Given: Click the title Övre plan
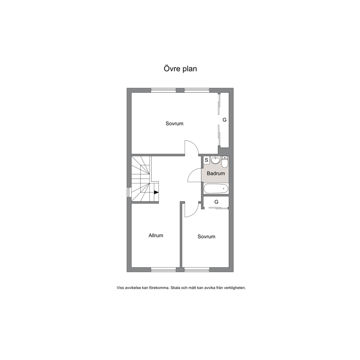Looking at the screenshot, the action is [180, 69].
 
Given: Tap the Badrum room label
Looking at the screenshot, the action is [216, 173].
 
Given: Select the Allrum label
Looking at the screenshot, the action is [156, 235].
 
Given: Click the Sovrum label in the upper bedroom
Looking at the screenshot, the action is [175, 123].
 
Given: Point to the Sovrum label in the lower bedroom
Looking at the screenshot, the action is [206, 237].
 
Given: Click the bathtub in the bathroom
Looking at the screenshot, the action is [216, 189].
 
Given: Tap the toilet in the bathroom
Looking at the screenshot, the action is [225, 161].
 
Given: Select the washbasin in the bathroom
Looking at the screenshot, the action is [215, 160].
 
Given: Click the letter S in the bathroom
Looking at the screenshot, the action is [206, 160].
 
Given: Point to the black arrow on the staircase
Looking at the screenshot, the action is [156, 192].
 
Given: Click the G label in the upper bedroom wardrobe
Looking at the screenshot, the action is [225, 120].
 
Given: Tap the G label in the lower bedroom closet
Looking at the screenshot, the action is [216, 202].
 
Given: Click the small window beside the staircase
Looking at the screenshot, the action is [129, 192].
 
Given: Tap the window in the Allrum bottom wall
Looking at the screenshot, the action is [163, 270].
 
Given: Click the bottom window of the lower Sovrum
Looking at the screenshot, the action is [197, 270].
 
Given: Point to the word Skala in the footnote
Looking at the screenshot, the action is [175, 288].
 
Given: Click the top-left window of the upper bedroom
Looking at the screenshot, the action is [163, 90].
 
